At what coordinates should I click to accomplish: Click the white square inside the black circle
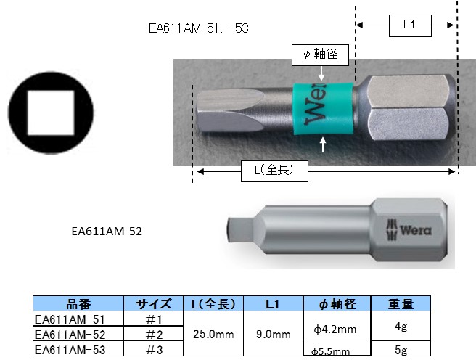click(x=51, y=112)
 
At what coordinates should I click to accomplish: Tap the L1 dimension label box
click(x=410, y=25)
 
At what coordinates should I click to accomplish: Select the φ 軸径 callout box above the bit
click(x=320, y=55)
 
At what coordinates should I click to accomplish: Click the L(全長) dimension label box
click(x=274, y=171)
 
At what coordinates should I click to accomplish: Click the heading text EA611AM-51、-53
click(x=199, y=28)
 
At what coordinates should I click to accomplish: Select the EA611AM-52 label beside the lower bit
click(x=107, y=232)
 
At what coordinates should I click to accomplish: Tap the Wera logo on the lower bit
click(x=409, y=230)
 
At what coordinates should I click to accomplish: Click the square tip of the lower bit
click(x=231, y=229)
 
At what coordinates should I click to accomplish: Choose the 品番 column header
click(x=78, y=304)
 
